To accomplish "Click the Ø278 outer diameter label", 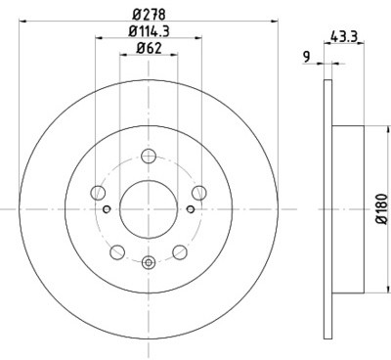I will point(149,14).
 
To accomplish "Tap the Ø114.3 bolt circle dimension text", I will point(149,31).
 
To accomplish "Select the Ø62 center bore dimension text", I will point(149,48).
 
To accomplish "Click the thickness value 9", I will point(306,57).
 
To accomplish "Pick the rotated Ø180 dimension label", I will point(380,208).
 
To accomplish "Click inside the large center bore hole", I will point(149,208).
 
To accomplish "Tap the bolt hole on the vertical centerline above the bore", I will point(149,156).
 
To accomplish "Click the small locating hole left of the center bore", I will point(107,208).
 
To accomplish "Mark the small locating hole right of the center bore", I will point(192,208).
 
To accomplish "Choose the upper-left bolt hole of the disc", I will point(99,193).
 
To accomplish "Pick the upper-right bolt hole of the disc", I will point(198,193).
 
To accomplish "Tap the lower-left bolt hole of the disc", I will point(117,251).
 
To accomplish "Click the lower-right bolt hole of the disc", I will point(180,251).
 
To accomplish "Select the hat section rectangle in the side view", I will point(345,208).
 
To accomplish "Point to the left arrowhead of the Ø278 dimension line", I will point(20,23).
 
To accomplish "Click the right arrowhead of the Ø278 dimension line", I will point(277,23).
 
